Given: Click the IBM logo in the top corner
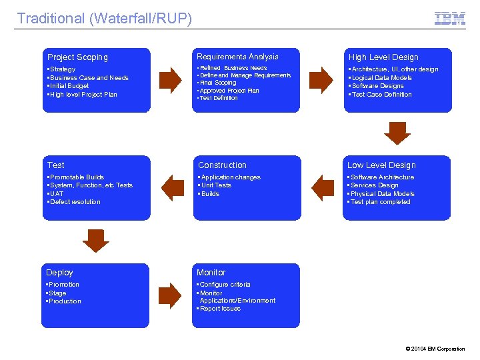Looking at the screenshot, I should click(450, 18).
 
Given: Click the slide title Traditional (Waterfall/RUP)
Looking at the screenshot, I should click(104, 19).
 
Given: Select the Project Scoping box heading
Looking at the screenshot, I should click(77, 57).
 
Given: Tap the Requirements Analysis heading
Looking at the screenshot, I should click(237, 57).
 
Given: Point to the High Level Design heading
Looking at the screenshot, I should click(383, 57).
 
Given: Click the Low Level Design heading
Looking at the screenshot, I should click(381, 165).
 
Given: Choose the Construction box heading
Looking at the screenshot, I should click(222, 165).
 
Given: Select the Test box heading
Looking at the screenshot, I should click(56, 165).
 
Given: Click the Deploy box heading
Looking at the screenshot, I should click(59, 273).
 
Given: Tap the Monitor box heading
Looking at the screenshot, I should click(211, 273).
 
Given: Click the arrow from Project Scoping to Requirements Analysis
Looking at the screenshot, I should click(171, 80).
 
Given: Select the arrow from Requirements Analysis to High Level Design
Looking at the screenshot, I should click(323, 80).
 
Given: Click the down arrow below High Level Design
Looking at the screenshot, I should click(398, 133).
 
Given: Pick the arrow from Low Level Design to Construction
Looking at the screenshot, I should click(323, 187).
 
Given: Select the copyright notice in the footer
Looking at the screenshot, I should click(435, 349).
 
